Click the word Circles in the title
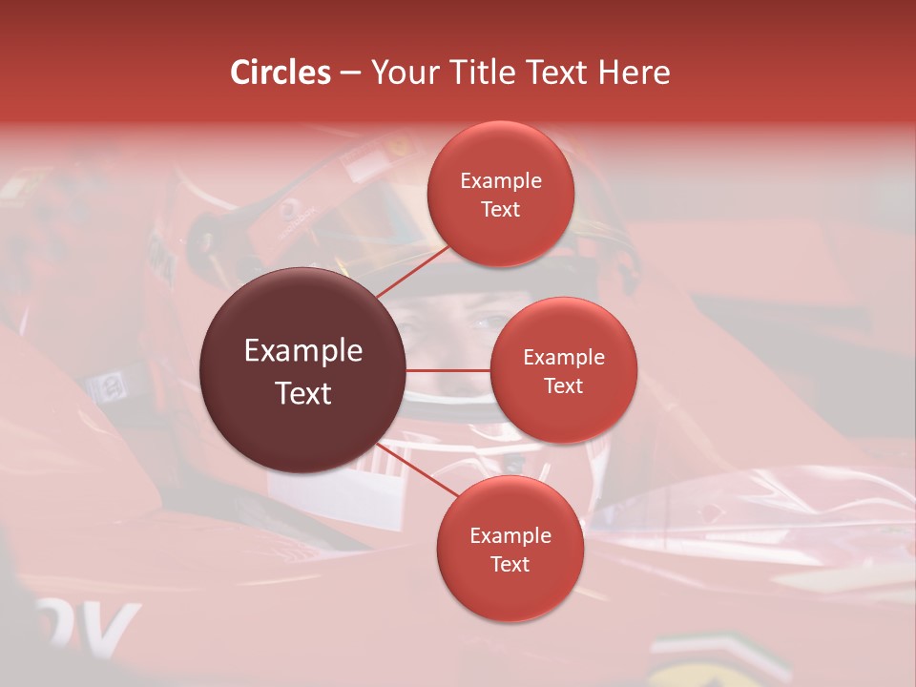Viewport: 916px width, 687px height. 280,73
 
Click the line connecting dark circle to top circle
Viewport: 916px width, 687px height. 414,271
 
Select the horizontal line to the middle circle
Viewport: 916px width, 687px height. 448,370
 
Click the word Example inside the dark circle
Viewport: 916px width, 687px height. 303,351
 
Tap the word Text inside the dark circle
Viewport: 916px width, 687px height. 303,393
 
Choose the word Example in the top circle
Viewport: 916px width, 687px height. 500,181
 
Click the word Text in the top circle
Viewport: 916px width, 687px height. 500,210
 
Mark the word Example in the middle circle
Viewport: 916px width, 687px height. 563,358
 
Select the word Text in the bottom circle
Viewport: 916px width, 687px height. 510,565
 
